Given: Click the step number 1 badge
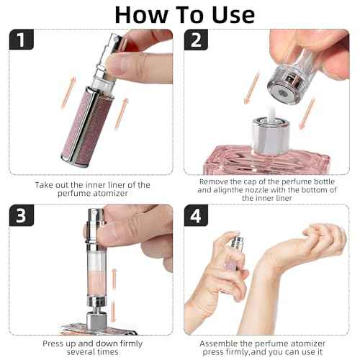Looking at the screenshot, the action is coord(22,40).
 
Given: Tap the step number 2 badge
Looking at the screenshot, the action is coord(196,40).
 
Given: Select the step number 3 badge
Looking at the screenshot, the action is coord(22,215).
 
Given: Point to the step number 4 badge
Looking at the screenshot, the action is coord(196,215).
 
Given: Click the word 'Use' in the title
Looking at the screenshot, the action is coord(233,15).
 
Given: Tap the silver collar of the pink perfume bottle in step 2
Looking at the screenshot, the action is coord(271,135).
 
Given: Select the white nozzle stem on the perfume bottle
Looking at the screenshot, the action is coord(272,114).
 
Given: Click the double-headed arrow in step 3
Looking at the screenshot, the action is coord(114,295).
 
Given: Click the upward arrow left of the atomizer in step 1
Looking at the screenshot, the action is coord(68,92).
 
